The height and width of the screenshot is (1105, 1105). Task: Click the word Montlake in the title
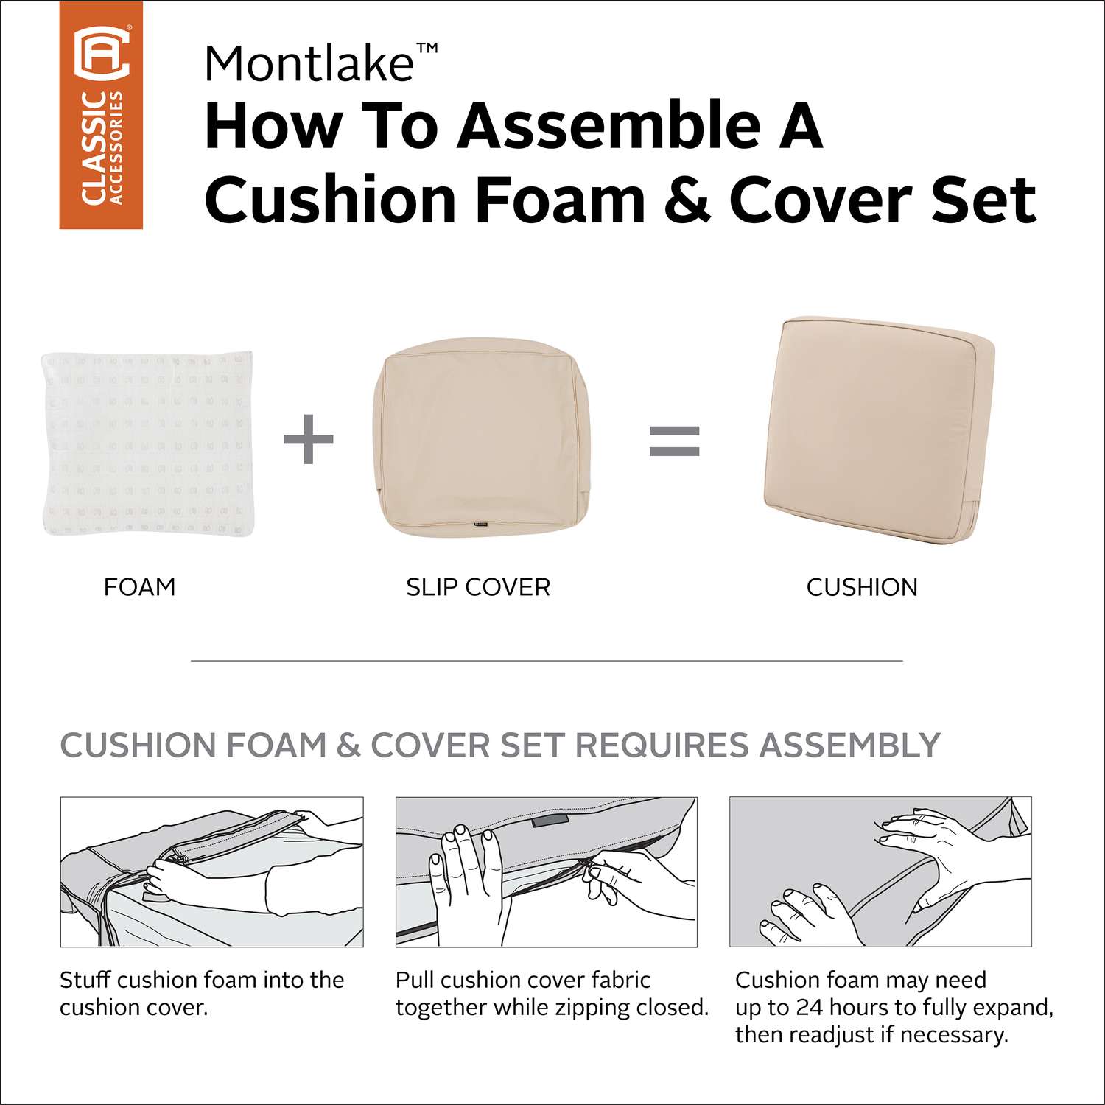tap(309, 63)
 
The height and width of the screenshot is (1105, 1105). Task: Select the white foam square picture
tap(148, 443)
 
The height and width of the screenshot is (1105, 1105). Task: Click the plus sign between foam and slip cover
tap(309, 440)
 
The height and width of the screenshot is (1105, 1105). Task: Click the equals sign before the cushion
tap(674, 441)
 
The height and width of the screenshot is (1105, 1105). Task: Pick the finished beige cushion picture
tap(878, 432)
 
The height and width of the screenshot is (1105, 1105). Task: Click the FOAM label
tap(140, 587)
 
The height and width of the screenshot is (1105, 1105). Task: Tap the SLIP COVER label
tap(478, 587)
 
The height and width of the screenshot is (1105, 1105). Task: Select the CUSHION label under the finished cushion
tap(862, 587)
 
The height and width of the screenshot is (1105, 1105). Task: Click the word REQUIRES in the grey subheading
tap(661, 745)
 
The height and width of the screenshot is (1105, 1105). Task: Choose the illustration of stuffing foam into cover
tap(212, 871)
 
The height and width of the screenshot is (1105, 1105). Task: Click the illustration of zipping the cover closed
tap(546, 871)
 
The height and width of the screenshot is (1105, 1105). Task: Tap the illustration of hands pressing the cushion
tap(880, 871)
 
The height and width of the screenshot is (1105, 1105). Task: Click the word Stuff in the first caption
tap(85, 980)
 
